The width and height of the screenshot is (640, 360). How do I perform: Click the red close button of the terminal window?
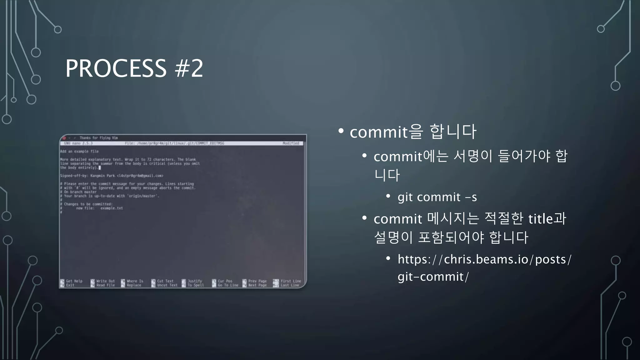[x=64, y=138]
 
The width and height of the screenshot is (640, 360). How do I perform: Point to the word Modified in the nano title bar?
[x=291, y=143]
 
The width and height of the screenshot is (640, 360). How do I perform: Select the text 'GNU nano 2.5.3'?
[x=78, y=143]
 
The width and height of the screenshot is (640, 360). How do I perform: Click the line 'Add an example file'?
[x=79, y=152]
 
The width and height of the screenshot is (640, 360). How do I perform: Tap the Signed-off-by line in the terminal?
[x=112, y=176]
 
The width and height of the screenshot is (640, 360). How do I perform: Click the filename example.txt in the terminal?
[x=112, y=208]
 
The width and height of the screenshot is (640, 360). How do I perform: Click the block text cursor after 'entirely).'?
[x=100, y=168]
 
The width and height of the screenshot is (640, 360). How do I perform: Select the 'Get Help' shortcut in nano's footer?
[x=74, y=281]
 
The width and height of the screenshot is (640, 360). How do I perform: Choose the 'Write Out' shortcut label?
[x=105, y=281]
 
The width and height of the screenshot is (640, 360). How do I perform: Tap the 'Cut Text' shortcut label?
[x=165, y=281]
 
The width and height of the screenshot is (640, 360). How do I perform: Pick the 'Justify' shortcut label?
[x=195, y=281]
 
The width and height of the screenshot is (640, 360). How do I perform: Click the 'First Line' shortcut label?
[x=291, y=281]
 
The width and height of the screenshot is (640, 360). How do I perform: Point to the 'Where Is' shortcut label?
[x=135, y=281]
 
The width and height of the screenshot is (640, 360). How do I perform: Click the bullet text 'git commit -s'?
[x=437, y=197]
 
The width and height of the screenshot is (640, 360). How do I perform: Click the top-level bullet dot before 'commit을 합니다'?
[x=341, y=131]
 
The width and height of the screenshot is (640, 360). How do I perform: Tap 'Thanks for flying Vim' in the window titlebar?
[x=98, y=138]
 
